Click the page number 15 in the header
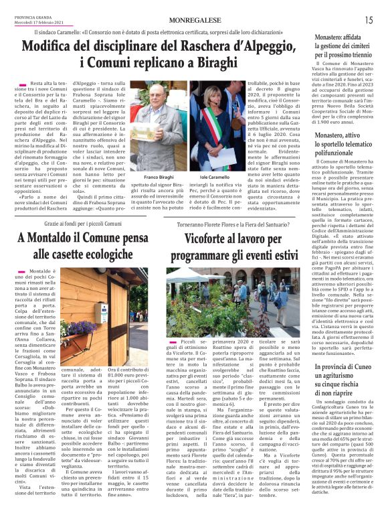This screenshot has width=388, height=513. click(369, 20)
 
